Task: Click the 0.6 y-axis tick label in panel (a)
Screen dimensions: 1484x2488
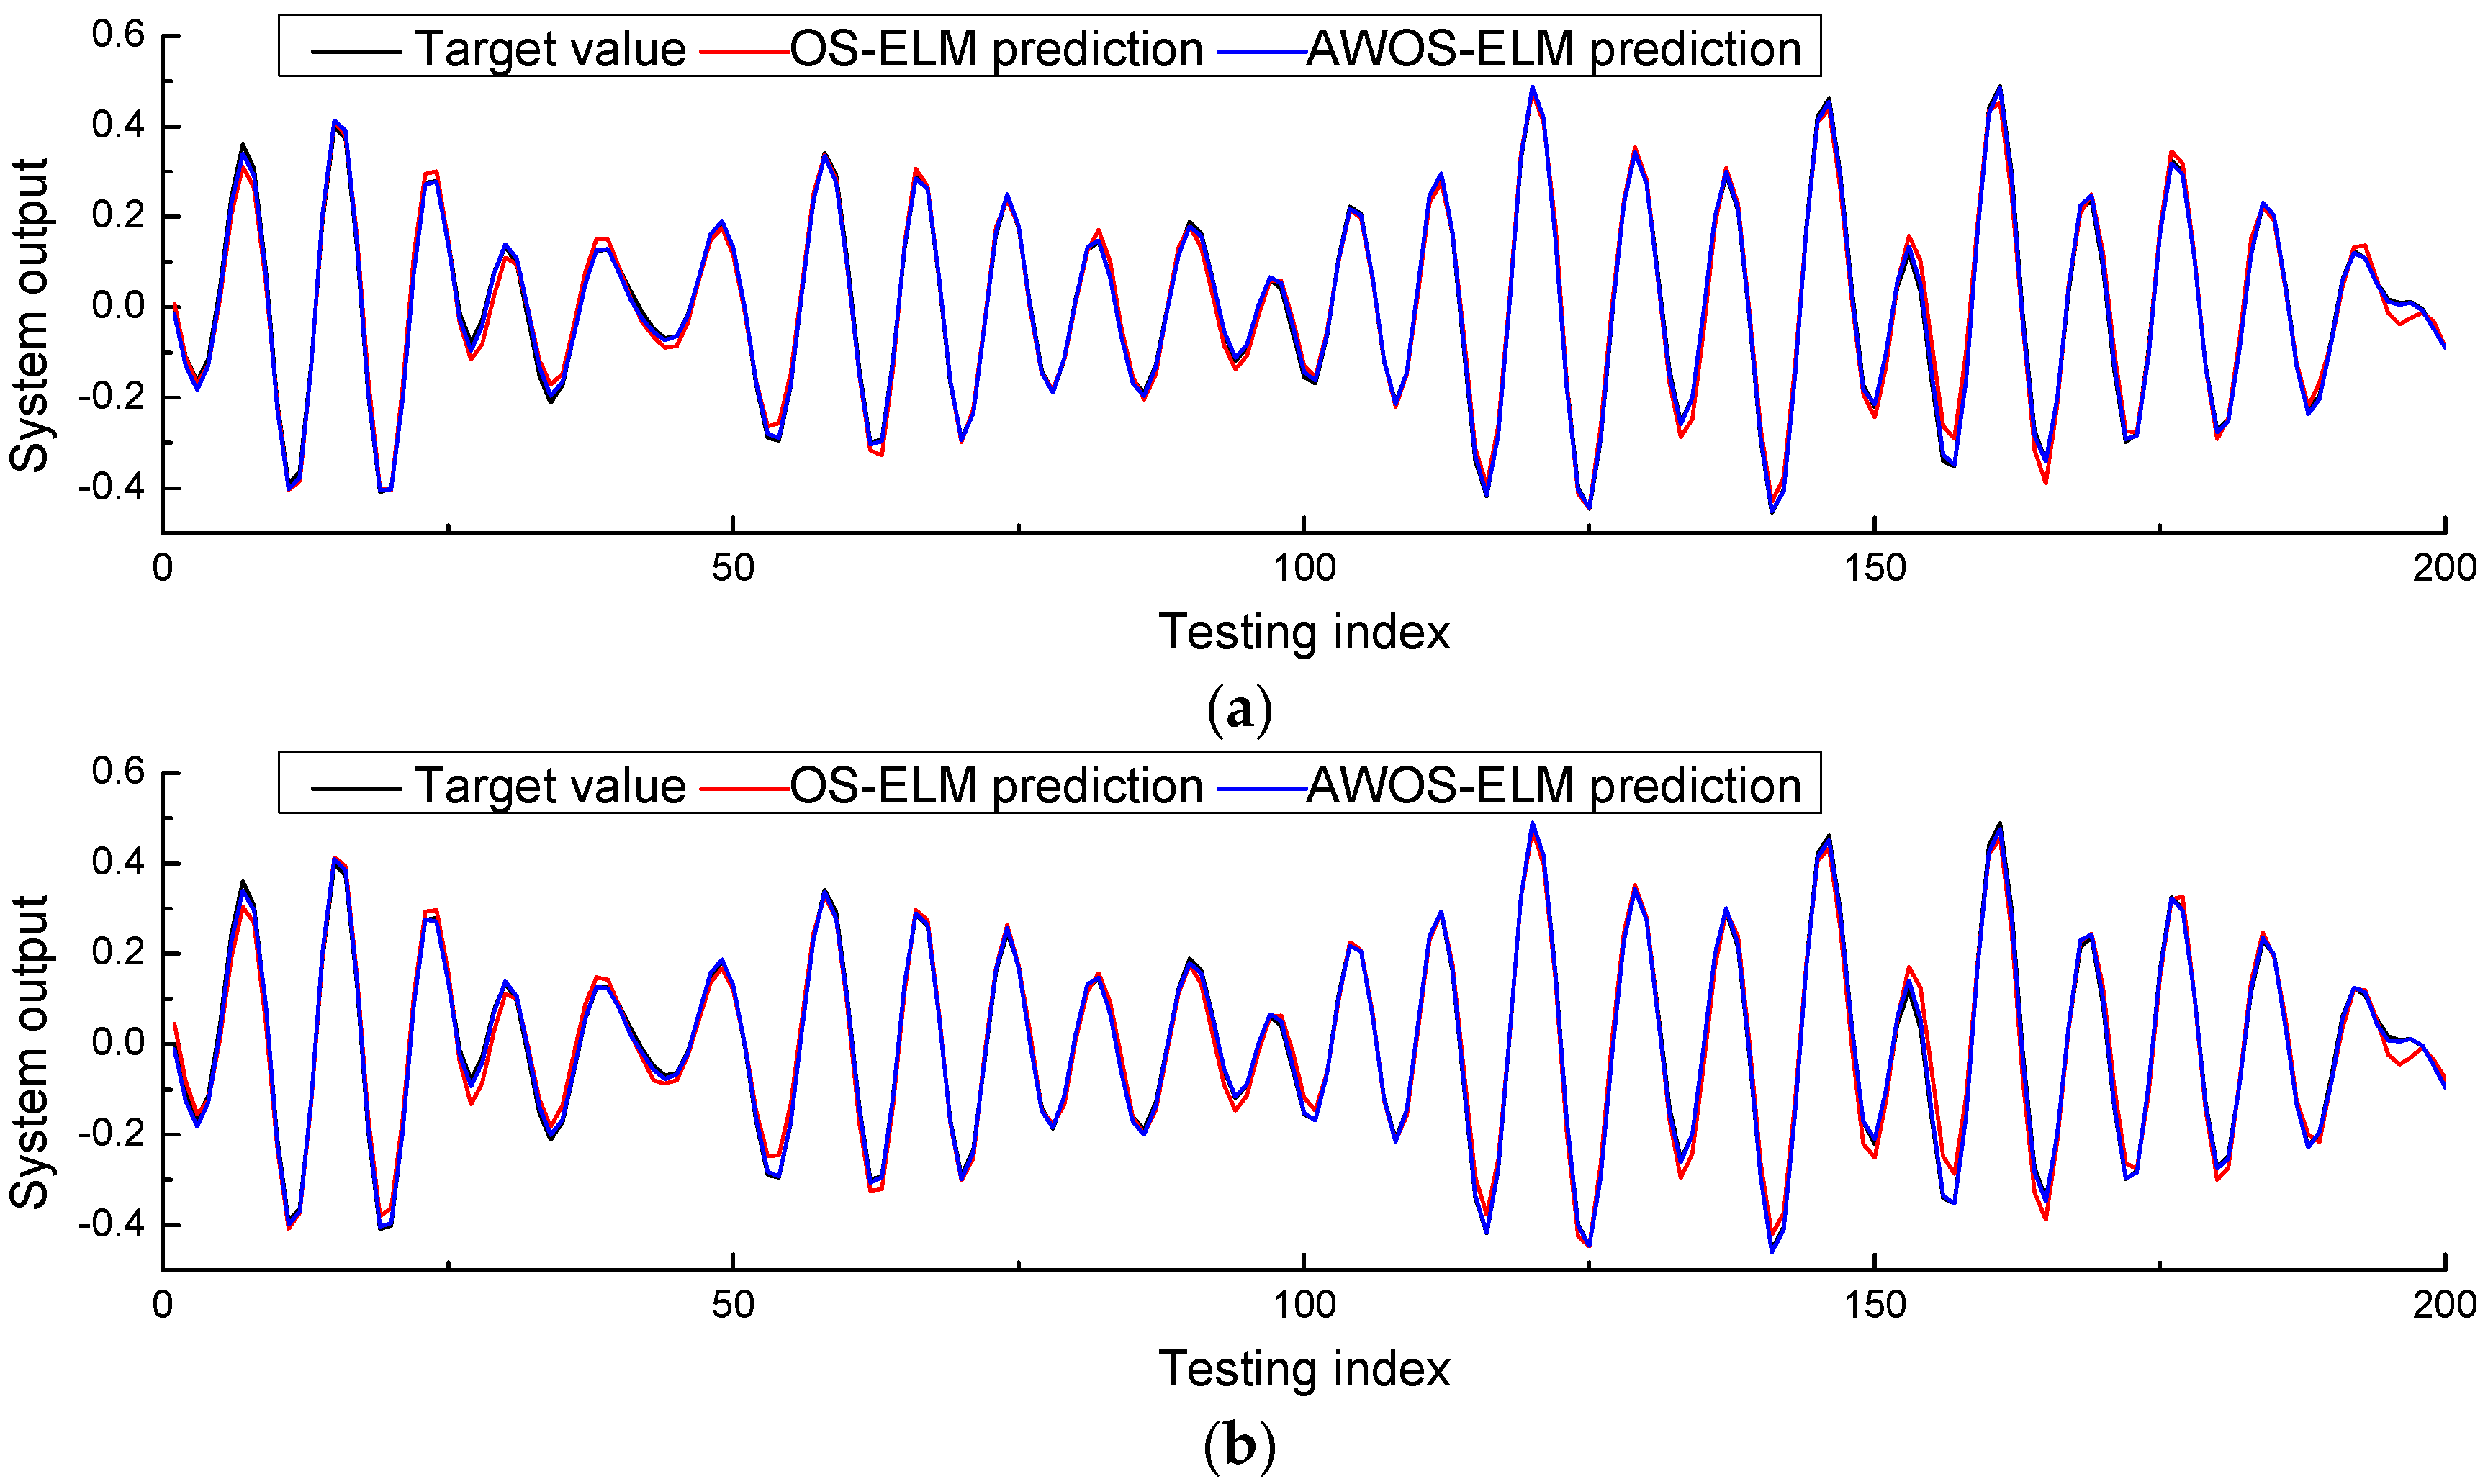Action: pos(118,35)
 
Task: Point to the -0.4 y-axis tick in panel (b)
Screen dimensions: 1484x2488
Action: pos(118,1225)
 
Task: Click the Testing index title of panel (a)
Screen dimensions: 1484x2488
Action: pos(1304,632)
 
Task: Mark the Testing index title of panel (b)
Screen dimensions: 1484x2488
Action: pos(1304,1369)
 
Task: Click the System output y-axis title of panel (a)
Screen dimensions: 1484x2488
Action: pos(30,315)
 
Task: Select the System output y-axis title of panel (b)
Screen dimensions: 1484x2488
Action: pos(30,1052)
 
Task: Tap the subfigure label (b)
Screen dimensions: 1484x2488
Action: pos(1240,1446)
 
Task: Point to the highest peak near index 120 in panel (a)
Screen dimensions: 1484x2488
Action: pos(1532,87)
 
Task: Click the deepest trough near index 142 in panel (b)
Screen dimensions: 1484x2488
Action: pos(1772,1251)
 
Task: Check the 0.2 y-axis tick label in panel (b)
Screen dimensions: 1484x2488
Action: pos(118,953)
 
